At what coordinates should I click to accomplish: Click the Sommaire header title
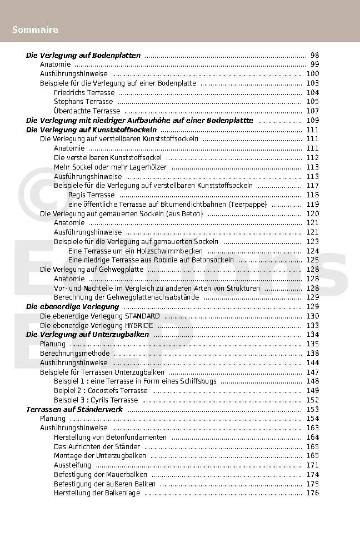pos(35,29)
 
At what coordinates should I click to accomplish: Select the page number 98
pos(314,55)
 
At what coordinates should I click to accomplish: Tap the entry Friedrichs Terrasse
pos(84,92)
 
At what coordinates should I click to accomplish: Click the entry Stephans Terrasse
pos(83,102)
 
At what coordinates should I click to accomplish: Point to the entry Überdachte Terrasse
pos(87,111)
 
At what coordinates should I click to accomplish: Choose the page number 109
pos(312,120)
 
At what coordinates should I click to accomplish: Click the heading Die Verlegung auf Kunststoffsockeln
pos(91,130)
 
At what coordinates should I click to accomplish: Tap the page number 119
pos(312,205)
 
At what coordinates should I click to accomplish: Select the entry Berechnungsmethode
pos(74,354)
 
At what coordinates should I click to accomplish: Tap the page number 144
pos(312,363)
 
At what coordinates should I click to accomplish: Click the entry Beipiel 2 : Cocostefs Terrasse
pos(101,391)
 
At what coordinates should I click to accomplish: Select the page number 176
pos(312,493)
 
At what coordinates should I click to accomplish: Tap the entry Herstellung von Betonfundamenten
pos(110,437)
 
